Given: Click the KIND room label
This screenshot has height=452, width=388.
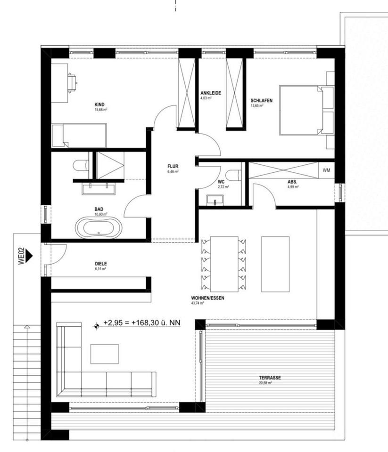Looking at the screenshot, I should [99, 105].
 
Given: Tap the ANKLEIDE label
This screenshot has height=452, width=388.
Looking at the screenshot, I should [210, 93].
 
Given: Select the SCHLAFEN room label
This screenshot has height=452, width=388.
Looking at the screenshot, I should [262, 100].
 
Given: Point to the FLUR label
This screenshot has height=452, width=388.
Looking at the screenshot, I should [173, 166].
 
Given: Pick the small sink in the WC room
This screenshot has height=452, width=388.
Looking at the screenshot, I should [215, 202].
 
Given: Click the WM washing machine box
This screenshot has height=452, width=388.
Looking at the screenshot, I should [326, 170].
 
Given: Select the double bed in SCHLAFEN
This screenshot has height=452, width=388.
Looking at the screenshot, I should [304, 109].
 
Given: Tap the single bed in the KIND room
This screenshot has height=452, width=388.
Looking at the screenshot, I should [79, 135].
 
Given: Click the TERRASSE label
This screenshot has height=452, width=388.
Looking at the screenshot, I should [270, 378].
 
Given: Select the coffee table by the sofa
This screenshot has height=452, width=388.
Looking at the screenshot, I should [104, 354].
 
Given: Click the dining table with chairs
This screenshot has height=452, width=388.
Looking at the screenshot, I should [224, 264].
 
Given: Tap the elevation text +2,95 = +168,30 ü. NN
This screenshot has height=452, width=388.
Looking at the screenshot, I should [141, 323].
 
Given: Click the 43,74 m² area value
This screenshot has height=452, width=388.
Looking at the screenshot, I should [198, 304].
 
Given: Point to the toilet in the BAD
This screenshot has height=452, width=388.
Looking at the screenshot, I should [81, 166].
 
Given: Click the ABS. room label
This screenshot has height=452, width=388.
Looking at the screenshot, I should [292, 182].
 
